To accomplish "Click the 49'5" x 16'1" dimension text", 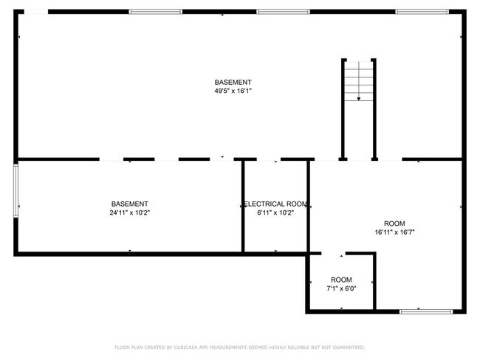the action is [233, 91].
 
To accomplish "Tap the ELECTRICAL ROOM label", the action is [275, 204].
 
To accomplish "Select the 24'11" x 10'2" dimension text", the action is [129, 212].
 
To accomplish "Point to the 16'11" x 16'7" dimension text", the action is [394, 232].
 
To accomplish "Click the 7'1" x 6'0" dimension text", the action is [341, 288].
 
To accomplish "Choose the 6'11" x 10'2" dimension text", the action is [275, 212].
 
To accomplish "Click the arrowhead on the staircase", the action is [359, 99].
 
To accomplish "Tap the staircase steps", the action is [359, 81].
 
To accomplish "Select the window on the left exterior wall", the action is [16, 190].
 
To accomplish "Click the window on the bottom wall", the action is [426, 311].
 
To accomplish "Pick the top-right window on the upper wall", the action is [422, 12].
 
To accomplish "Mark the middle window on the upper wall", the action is [283, 12].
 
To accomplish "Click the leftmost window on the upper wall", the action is [156, 12].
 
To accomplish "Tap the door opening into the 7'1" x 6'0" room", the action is [333, 253].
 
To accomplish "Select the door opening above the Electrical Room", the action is [269, 159].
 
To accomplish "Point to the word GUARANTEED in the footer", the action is [349, 347].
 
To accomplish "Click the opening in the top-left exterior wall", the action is [36, 12].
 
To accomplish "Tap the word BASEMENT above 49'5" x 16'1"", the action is [233, 83].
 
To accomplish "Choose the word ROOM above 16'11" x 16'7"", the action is [394, 224].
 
